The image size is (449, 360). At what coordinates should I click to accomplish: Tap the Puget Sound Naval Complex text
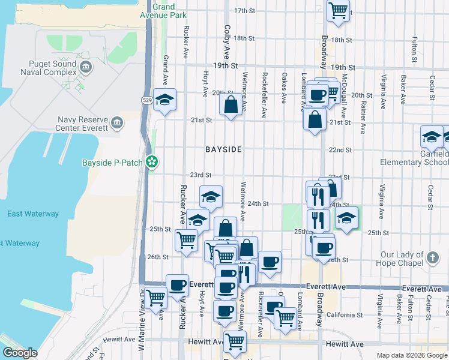pos(53,68)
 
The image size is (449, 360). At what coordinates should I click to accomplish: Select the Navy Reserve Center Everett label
pos(82,124)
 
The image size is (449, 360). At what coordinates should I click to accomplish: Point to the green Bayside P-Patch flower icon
pos(153,161)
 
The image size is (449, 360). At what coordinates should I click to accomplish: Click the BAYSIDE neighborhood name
pos(223,149)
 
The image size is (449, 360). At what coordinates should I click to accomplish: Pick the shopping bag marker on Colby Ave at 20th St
pos(231,106)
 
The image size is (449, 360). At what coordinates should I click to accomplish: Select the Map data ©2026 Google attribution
pos(411,355)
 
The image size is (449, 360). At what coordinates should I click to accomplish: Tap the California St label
pos(345,314)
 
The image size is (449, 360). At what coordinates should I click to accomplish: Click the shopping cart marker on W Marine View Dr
pos(156,296)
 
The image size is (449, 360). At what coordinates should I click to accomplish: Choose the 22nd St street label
pos(340,149)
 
